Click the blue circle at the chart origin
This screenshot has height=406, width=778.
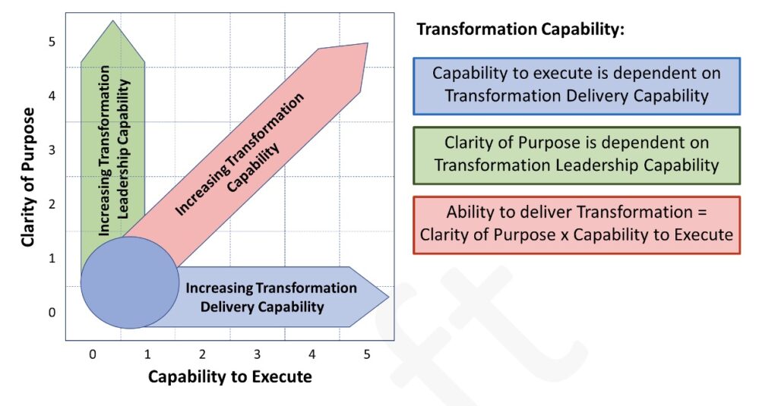pos(130,282)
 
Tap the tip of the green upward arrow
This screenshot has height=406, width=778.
pos(112,23)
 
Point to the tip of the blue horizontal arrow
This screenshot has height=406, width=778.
pos(387,297)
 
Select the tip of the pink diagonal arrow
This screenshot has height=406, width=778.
pos(367,45)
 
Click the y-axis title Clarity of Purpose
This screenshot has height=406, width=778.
pos(28,177)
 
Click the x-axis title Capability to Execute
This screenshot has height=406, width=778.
pos(229,376)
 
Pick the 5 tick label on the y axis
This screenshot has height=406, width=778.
pos(52,42)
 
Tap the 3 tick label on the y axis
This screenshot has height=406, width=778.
pos(52,150)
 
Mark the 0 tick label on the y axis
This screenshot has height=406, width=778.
pos(52,312)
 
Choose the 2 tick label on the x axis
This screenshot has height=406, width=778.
pos(202,354)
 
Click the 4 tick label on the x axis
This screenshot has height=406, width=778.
pos(312,354)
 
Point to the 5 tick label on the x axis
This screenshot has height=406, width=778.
pos(367,354)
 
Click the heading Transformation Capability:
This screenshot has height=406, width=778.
pos(520,30)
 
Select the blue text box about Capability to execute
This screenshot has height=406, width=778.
pos(577,85)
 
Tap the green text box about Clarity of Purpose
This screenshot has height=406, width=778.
pos(577,154)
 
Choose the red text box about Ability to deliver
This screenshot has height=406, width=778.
pos(577,224)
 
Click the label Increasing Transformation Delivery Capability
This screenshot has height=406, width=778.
pos(270,297)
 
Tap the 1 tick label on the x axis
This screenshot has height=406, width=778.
pos(147,354)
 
